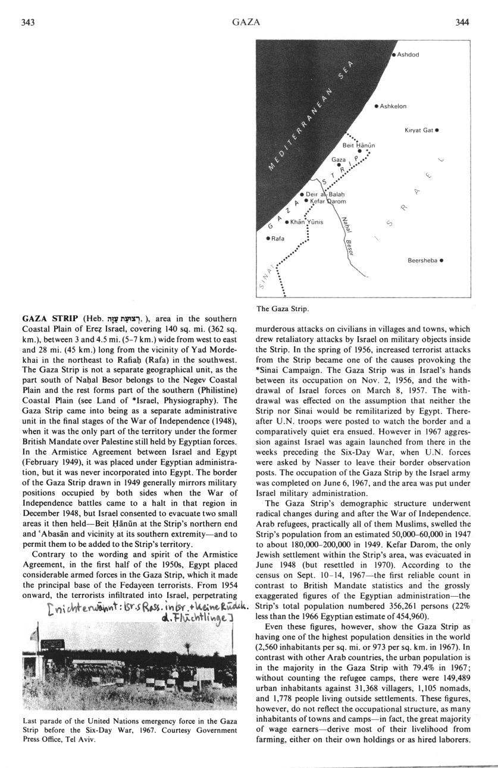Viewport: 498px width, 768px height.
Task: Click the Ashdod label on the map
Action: coord(408,55)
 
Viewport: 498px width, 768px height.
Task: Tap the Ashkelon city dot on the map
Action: coord(377,106)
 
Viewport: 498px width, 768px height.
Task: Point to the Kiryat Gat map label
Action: coord(418,129)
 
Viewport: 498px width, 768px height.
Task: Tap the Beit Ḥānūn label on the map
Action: coord(357,145)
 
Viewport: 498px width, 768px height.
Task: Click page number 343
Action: coord(29,23)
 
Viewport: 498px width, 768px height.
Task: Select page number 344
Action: coord(461,23)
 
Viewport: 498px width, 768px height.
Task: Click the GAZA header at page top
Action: coord(245,23)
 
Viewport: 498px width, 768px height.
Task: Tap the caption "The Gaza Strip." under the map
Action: coord(283,309)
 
